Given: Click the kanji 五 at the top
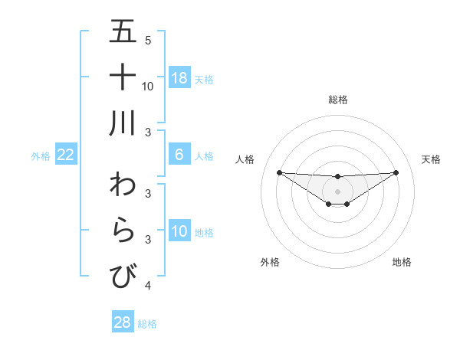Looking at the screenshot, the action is click(x=123, y=32).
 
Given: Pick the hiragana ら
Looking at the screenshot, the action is click(x=123, y=231).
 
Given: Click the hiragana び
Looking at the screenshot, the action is click(x=123, y=276).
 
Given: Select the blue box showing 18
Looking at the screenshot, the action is click(x=179, y=78).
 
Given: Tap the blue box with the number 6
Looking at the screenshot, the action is click(x=179, y=155).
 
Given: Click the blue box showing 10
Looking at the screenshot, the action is click(x=179, y=231).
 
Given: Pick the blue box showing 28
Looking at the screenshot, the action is click(x=123, y=322).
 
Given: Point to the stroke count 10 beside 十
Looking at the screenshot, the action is click(x=148, y=86).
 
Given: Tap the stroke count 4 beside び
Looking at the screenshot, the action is click(x=148, y=286).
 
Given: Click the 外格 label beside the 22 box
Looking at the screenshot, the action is click(x=41, y=156).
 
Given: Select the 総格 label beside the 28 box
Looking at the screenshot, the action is click(x=147, y=324).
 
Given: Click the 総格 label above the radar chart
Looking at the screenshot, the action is click(x=337, y=100).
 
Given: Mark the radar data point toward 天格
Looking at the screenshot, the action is click(x=396, y=172).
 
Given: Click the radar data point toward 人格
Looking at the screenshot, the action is click(x=279, y=172).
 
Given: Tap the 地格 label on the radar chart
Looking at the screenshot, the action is click(x=402, y=262).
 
